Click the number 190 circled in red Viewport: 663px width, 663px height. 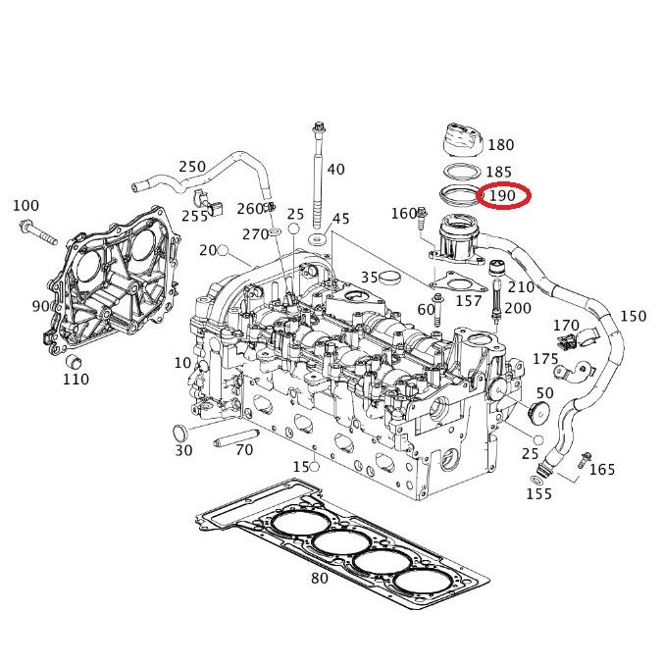[503, 196]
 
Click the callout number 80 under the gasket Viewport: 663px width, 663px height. [319, 578]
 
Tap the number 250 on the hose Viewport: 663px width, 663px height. [192, 167]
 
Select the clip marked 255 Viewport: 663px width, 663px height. [216, 209]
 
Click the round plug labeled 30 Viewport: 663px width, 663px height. [178, 433]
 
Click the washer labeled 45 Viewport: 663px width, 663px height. [318, 239]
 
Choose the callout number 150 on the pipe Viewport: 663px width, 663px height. [634, 316]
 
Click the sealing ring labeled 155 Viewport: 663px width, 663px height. [535, 479]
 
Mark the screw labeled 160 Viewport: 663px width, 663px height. [423, 214]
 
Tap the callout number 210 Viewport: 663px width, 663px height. [522, 287]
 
